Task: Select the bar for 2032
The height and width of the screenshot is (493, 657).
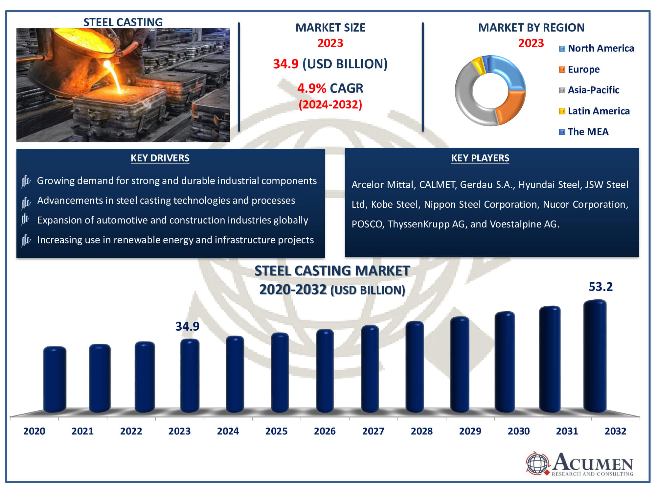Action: (x=595, y=357)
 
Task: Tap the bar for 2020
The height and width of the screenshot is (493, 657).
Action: (x=55, y=380)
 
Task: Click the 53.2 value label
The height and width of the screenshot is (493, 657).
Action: (x=600, y=287)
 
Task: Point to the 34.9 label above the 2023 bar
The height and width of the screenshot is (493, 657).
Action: (x=187, y=326)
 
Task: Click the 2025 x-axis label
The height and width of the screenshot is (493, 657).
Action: (x=276, y=431)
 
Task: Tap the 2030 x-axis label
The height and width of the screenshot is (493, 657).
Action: (x=519, y=431)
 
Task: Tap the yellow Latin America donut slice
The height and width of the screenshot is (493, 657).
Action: (x=478, y=65)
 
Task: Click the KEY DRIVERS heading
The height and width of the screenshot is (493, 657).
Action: (x=160, y=158)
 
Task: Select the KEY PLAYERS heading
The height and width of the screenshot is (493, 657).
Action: (x=480, y=158)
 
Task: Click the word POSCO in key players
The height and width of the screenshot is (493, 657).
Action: (x=367, y=224)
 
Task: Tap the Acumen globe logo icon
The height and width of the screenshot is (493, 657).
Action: (x=537, y=463)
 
